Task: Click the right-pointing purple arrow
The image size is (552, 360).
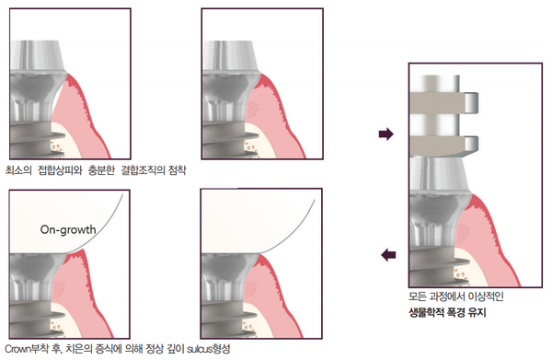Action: click(385, 134)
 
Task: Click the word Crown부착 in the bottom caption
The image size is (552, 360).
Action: click(29, 349)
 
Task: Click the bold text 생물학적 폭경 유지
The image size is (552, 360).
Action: click(449, 313)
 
